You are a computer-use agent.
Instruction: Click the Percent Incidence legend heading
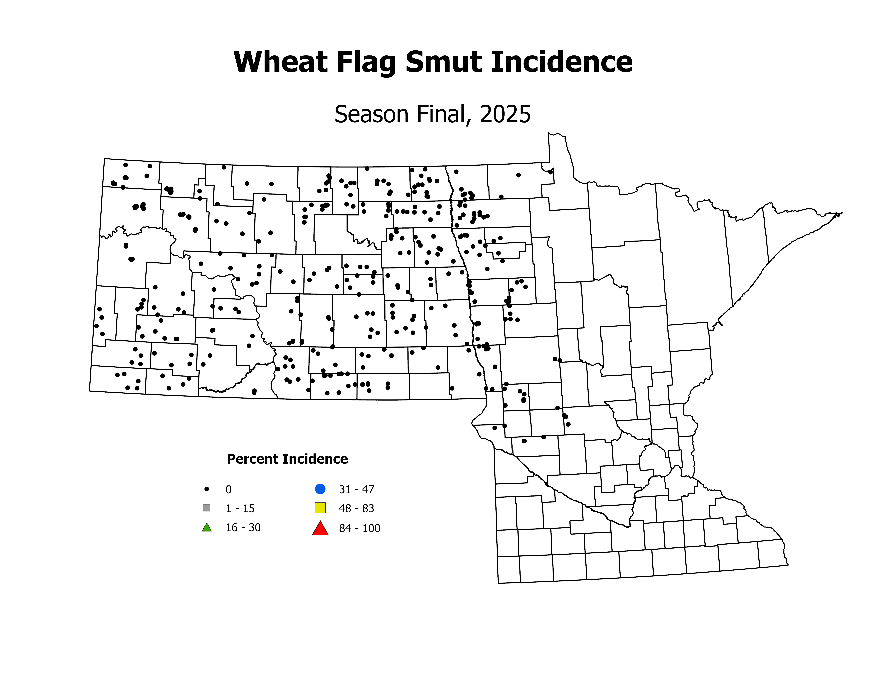287,459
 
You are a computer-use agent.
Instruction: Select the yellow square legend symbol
320,508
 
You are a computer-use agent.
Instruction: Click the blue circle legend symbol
320,489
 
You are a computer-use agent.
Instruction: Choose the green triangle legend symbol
207,527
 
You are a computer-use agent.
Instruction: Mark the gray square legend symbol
207,508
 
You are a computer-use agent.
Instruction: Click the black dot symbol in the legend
207,489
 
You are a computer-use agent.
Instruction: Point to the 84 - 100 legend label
359,528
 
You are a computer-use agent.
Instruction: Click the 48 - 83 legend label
357,508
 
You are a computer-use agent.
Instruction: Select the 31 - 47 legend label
357,489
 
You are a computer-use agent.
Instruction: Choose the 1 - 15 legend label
240,508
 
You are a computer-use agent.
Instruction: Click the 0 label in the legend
228,489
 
